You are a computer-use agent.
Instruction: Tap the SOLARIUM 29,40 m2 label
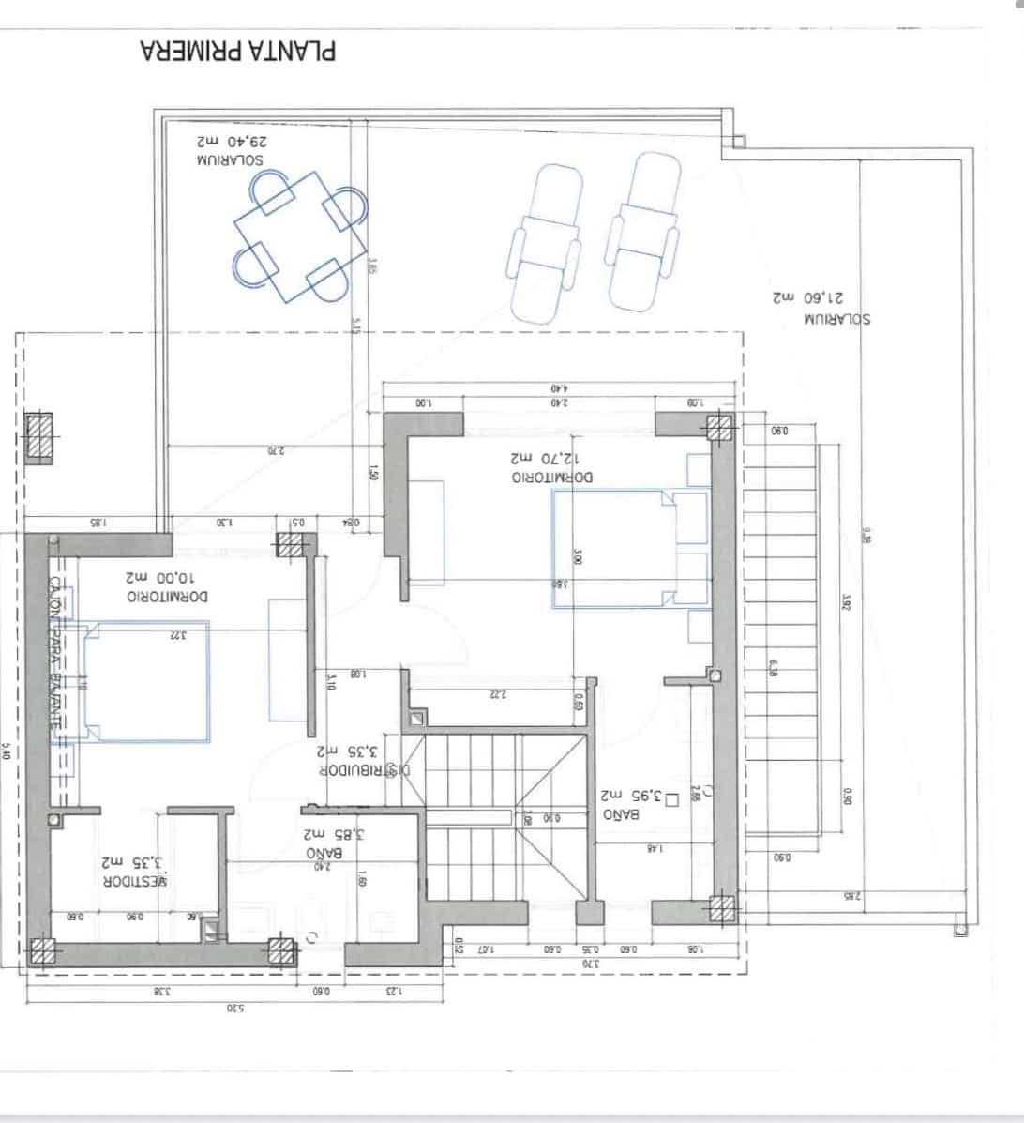click(x=231, y=151)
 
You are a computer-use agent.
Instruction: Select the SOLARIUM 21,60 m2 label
click(x=821, y=309)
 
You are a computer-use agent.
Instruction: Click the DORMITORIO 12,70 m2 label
click(x=551, y=468)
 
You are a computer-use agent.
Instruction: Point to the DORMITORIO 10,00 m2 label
click(x=168, y=586)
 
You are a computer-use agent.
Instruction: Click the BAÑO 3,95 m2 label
click(x=638, y=806)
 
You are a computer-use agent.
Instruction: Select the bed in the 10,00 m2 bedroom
click(x=145, y=682)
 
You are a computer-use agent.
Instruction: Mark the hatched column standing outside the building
click(x=41, y=437)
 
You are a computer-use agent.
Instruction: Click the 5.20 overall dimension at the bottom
click(x=234, y=1009)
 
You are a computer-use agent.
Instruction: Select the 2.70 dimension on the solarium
click(x=275, y=451)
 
